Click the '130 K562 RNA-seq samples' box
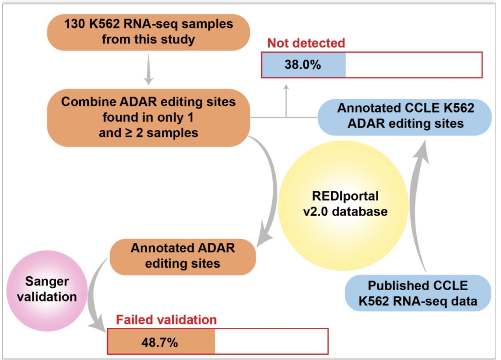click(x=149, y=32)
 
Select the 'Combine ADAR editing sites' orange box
click(x=149, y=118)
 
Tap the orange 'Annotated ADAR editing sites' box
click(x=183, y=257)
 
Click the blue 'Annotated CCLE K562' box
click(x=405, y=117)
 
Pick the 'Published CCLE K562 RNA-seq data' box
click(x=418, y=293)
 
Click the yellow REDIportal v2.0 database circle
click(x=344, y=206)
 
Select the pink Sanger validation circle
click(x=47, y=291)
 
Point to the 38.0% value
click(x=303, y=65)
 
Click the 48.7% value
click(x=160, y=342)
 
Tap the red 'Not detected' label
click(x=306, y=43)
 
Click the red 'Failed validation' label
click(x=167, y=320)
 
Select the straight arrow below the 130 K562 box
click(x=148, y=69)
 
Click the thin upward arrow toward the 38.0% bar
click(x=286, y=101)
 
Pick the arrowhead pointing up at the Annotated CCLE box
click(x=422, y=152)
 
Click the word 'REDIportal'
click(x=345, y=196)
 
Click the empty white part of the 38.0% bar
click(x=414, y=65)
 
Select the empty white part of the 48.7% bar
click(x=271, y=342)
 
